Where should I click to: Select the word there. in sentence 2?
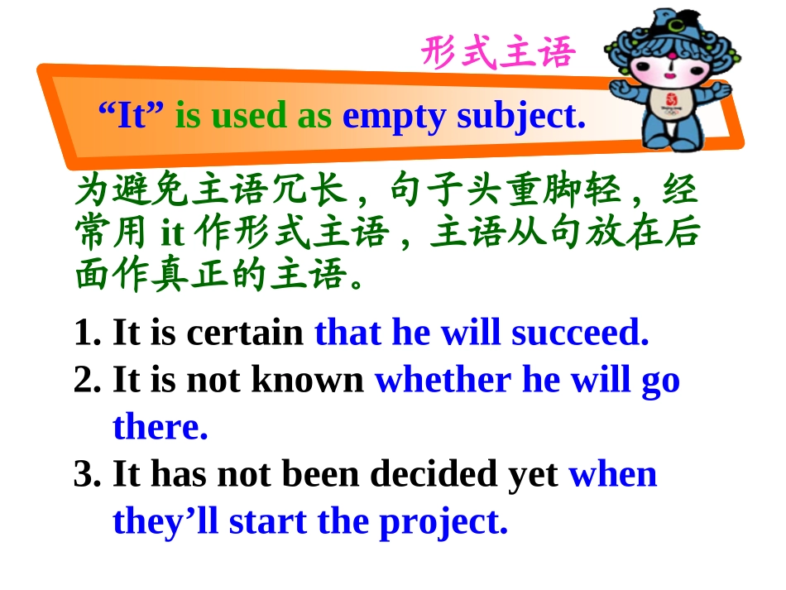(160, 427)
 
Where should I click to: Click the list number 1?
(86, 333)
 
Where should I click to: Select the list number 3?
(86, 474)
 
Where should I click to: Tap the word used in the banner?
(248, 117)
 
